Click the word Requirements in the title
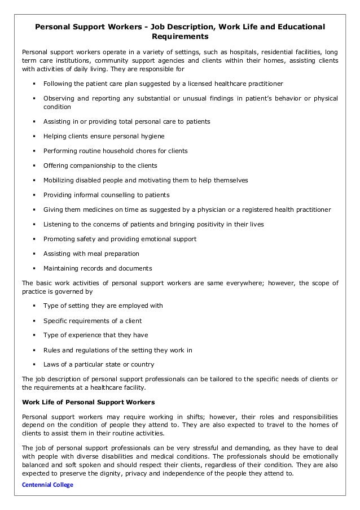pos(180,37)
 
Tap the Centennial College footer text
pos(48,485)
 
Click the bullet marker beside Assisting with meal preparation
pos(35,254)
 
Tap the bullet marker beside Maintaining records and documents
pos(35,268)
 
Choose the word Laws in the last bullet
pos(51,364)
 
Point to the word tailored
pos(207,378)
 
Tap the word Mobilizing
pos(60,180)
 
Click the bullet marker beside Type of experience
pos(35,335)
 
